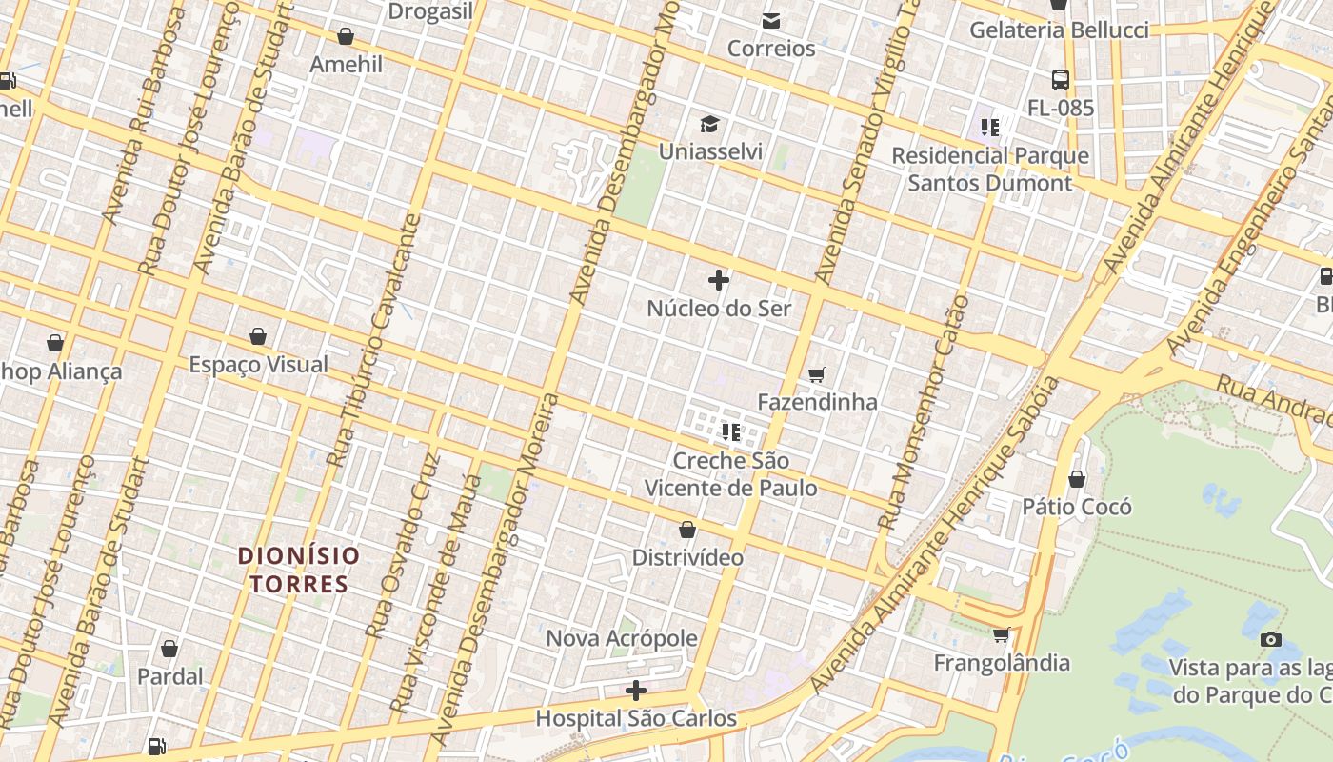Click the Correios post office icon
pyautogui.click(x=770, y=20)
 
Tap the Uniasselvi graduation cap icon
pyautogui.click(x=709, y=124)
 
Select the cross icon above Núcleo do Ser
pyautogui.click(x=719, y=280)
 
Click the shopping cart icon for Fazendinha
pyautogui.click(x=816, y=374)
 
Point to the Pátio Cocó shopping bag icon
pyautogui.click(x=1077, y=479)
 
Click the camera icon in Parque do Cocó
pyautogui.click(x=1270, y=639)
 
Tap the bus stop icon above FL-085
pyautogui.click(x=1060, y=80)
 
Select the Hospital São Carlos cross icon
pyautogui.click(x=636, y=691)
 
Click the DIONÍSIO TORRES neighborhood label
pyautogui.click(x=299, y=570)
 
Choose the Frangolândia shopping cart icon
pyautogui.click(x=1001, y=635)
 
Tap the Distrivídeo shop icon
pyautogui.click(x=687, y=530)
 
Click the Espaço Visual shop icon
pyautogui.click(x=257, y=336)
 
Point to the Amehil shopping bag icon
pyautogui.click(x=346, y=36)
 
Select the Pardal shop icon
pyautogui.click(x=169, y=649)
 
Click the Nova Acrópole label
pyautogui.click(x=622, y=638)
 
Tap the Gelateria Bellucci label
pyautogui.click(x=1059, y=30)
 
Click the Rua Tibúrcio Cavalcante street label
pyautogui.click(x=373, y=340)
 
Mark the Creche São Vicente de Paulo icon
pyautogui.click(x=731, y=432)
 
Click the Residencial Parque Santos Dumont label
pyautogui.click(x=990, y=169)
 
